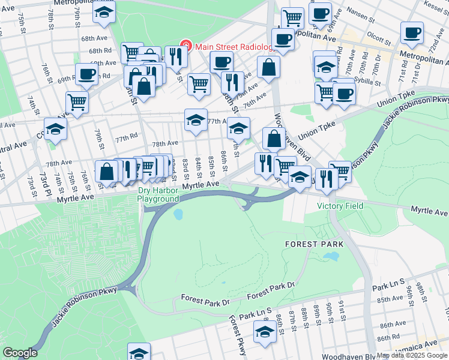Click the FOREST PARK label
[x=314, y=244]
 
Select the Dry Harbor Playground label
[x=158, y=194]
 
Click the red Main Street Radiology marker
[x=186, y=46]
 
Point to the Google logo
[x=20, y=353]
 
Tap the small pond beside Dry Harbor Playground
[x=178, y=213]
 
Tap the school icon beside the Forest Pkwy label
[x=265, y=332]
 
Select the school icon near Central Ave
[x=55, y=129]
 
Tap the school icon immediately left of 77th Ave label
[x=195, y=119]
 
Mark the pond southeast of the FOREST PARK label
[x=330, y=257]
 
